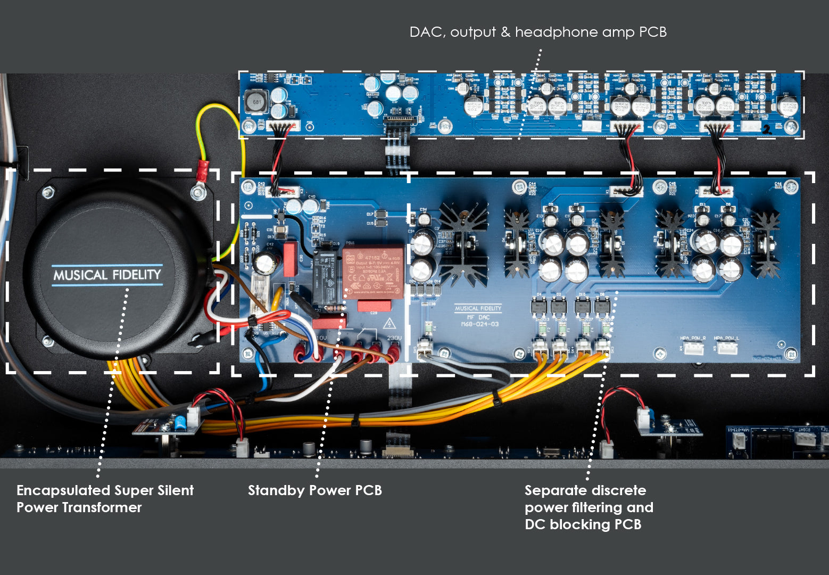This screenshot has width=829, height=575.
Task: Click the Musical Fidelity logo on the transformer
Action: point(107,275)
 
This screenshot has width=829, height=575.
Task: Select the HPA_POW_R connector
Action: point(693,348)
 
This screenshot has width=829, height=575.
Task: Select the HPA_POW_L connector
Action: point(727,348)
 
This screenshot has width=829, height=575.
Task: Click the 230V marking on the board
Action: point(394,338)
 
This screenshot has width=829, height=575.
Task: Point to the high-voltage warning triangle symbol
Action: point(389,323)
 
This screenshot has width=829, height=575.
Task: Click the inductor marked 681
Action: point(256,102)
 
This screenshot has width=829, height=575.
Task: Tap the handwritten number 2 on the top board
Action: point(767,129)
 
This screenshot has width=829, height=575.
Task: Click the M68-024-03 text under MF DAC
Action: point(479,324)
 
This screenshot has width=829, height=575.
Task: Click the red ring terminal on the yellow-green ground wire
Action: point(202,171)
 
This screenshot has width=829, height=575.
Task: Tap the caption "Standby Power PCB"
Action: point(314,490)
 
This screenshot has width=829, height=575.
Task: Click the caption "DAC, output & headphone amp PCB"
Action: point(538,32)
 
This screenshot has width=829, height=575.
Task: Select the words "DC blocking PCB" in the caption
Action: point(583,524)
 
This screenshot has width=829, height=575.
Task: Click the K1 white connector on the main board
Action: point(626,191)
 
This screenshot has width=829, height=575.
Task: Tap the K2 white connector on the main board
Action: point(715,191)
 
